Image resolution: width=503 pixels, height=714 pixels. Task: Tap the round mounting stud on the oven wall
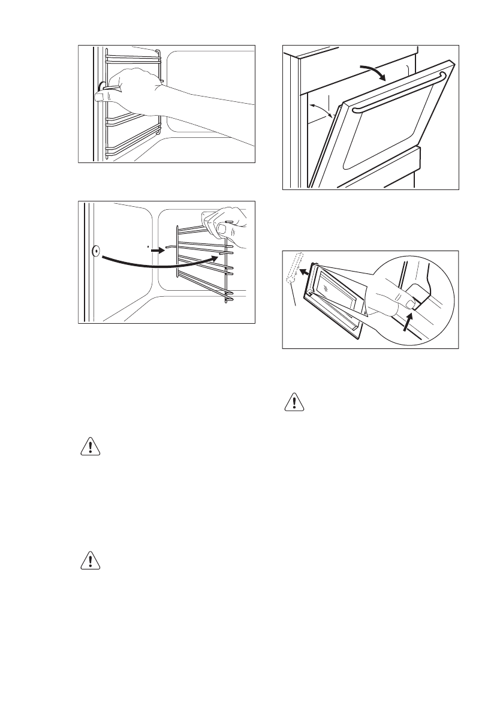[x=95, y=251]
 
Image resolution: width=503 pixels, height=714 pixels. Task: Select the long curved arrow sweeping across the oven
[x=156, y=263]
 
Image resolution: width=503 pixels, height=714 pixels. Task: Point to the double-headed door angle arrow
[x=321, y=110]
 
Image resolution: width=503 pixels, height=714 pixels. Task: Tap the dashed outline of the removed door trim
[x=293, y=269]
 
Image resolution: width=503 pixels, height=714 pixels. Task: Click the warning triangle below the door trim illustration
[x=293, y=401]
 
